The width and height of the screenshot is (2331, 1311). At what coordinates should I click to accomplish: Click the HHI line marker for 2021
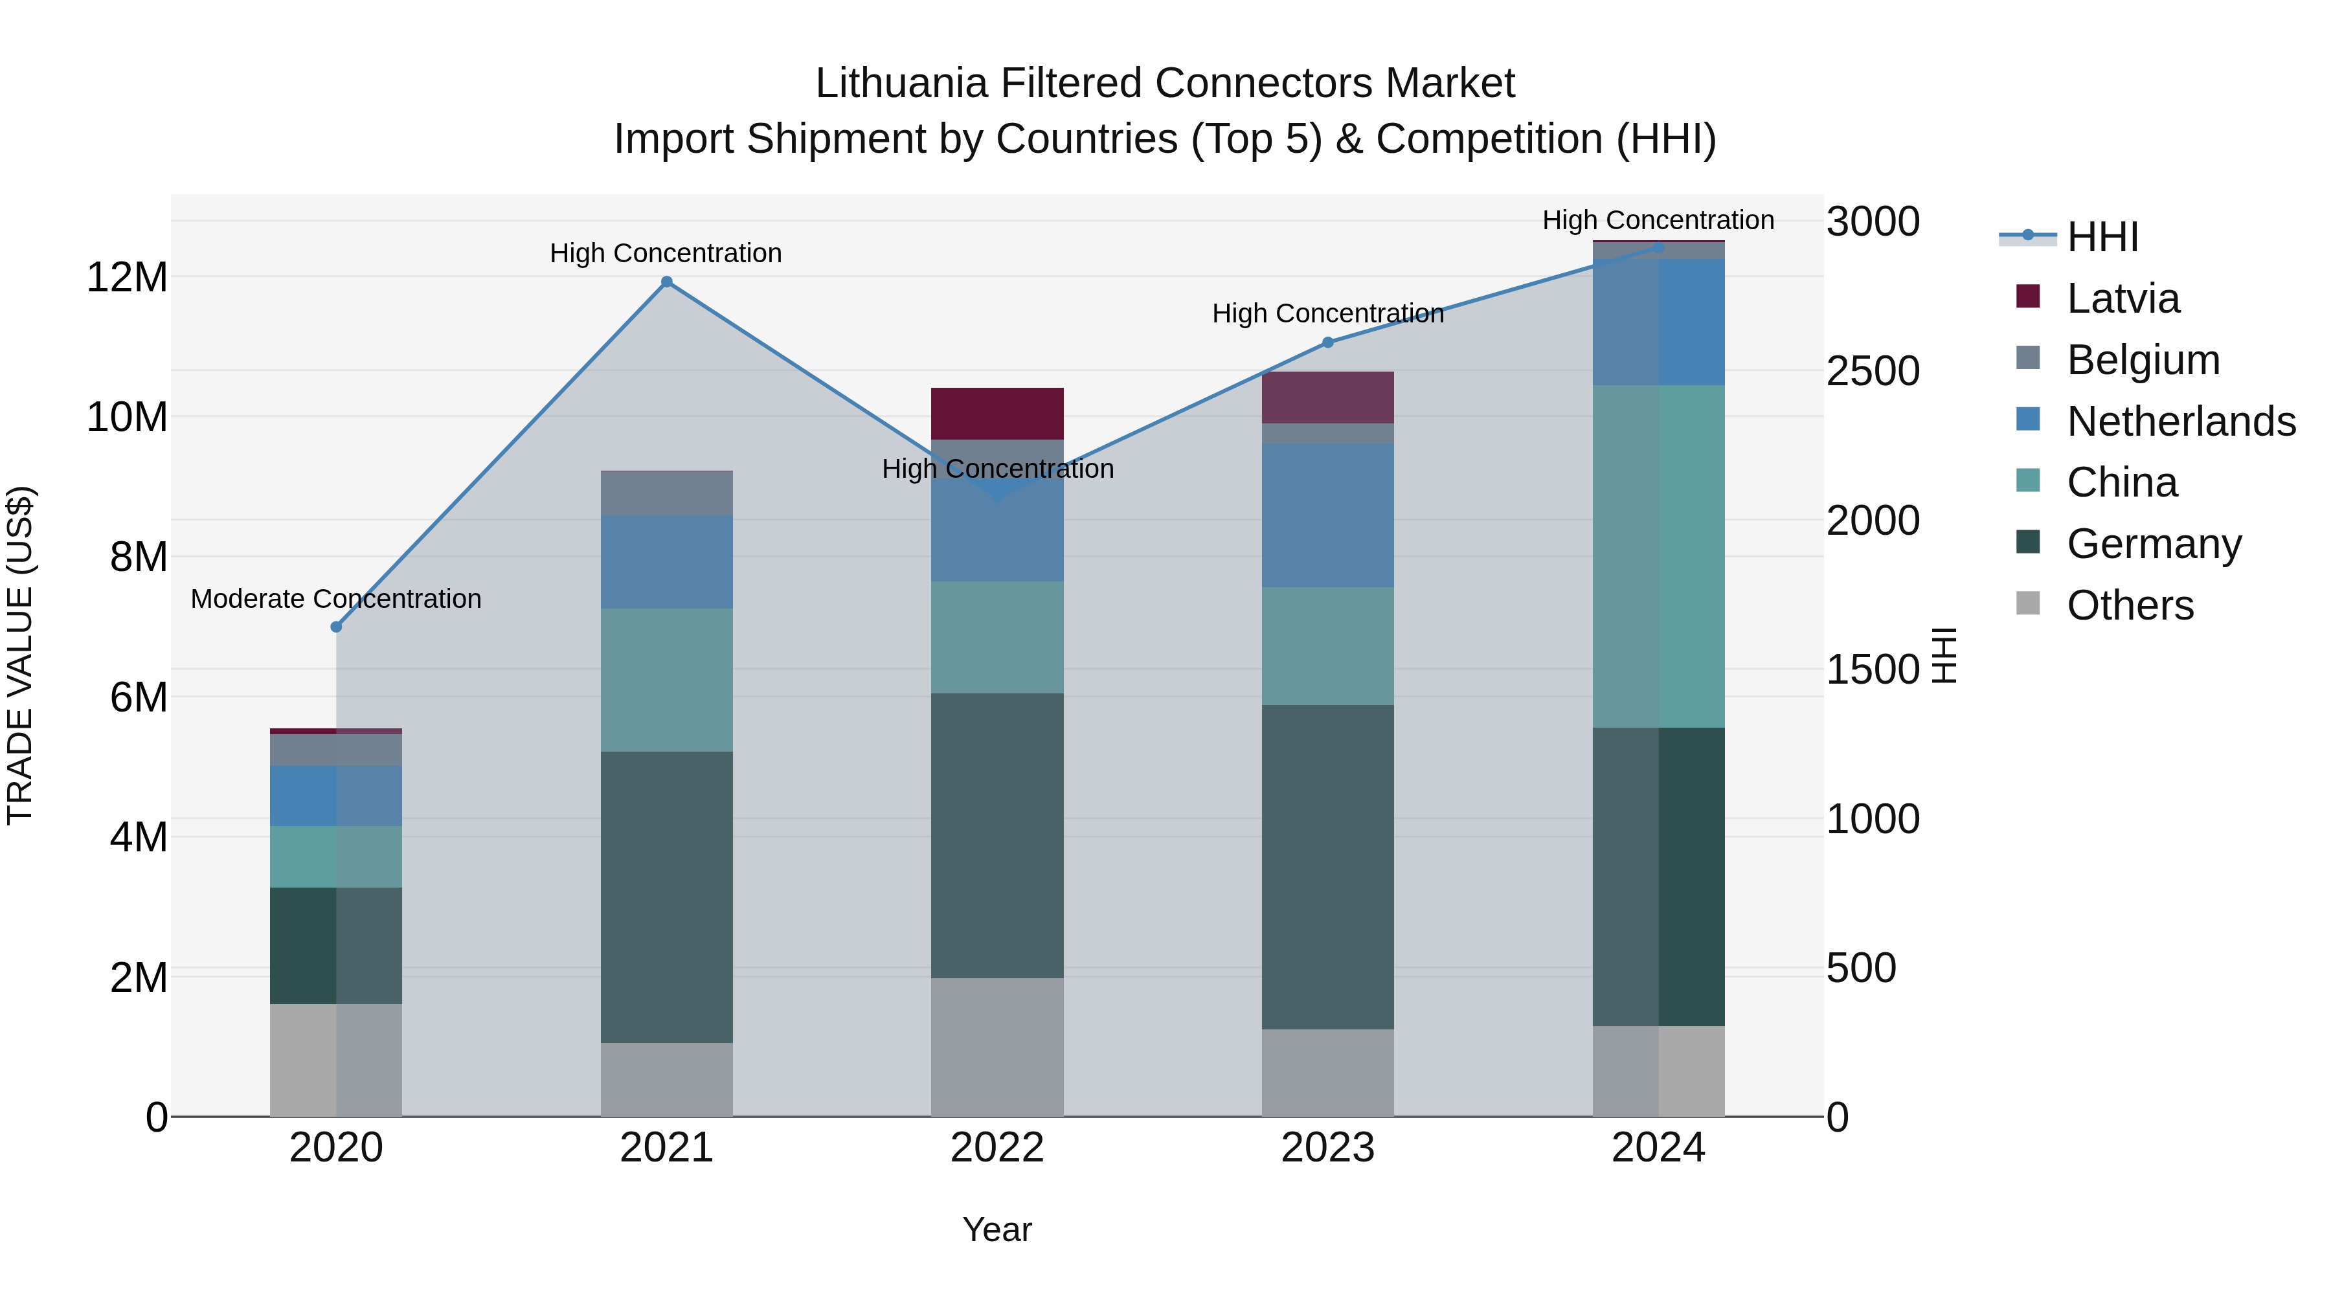click(x=666, y=282)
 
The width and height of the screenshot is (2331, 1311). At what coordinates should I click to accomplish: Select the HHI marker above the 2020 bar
click(x=337, y=627)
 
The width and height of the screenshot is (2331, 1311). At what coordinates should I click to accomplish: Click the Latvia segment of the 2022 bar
click(x=997, y=414)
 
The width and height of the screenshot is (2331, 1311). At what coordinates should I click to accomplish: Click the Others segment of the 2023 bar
click(x=1327, y=1072)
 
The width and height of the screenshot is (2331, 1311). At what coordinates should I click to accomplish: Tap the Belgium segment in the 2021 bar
click(x=666, y=494)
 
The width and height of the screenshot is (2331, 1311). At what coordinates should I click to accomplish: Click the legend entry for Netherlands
click(x=2181, y=421)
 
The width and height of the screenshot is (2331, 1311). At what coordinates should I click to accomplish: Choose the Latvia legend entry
click(x=2123, y=298)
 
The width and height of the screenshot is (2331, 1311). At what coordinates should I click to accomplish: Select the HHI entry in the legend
click(x=2102, y=237)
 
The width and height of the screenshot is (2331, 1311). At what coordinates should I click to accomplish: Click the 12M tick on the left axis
click(x=127, y=277)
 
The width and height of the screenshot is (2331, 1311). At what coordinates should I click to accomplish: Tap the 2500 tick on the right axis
click(x=1872, y=371)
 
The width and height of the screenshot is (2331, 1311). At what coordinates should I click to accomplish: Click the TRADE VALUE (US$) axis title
click(x=20, y=655)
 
